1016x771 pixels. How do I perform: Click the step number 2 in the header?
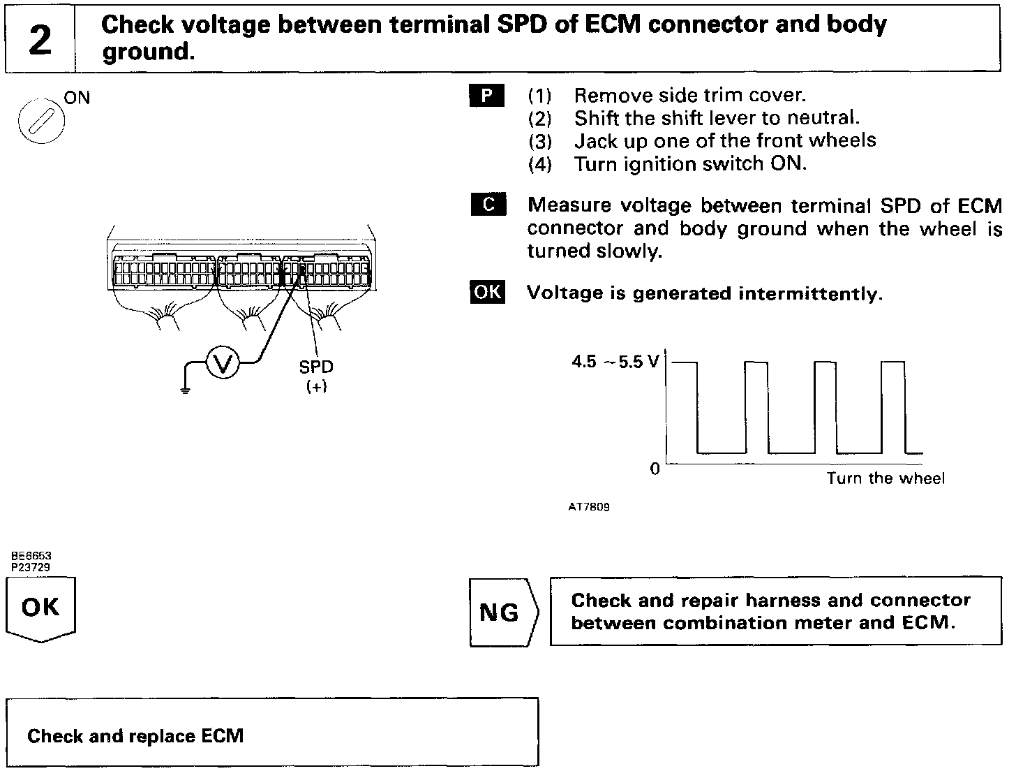click(x=40, y=40)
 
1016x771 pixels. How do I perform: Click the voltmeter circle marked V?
click(x=223, y=362)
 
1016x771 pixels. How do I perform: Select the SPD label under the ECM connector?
click(x=316, y=367)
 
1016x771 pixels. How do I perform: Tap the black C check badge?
click(x=488, y=205)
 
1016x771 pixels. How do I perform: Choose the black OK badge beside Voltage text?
click(x=487, y=292)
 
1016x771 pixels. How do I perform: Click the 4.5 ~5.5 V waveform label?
click(x=615, y=362)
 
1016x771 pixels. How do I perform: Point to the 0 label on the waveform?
click(x=655, y=469)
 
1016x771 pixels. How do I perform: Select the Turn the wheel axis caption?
click(x=886, y=478)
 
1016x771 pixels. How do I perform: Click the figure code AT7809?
click(x=590, y=507)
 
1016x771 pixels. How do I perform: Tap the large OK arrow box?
click(x=40, y=608)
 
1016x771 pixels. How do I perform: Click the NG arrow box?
click(x=501, y=612)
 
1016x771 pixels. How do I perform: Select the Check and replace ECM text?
click(x=135, y=736)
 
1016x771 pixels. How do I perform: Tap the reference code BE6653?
click(x=31, y=557)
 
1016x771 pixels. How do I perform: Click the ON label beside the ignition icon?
click(x=77, y=97)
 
